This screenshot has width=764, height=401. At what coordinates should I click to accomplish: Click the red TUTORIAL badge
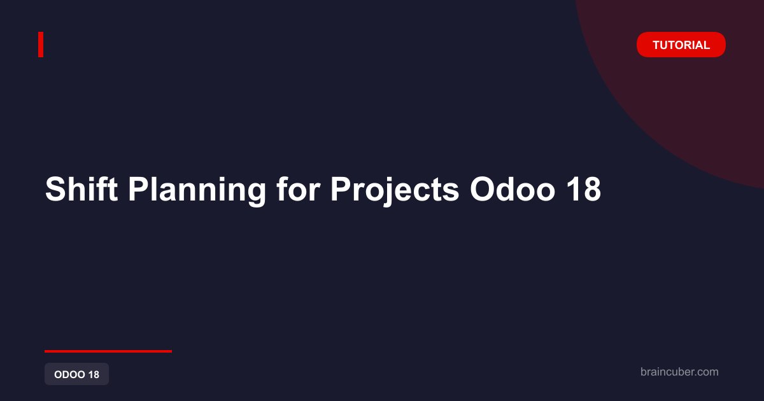pyautogui.click(x=681, y=45)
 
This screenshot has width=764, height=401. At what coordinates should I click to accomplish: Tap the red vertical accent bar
pyautogui.click(x=41, y=45)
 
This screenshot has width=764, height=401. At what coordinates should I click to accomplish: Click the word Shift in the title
pyautogui.click(x=81, y=189)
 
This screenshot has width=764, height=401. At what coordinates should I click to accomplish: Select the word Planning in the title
pyautogui.click(x=197, y=192)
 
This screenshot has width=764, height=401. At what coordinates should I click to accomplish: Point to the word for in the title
pyautogui.click(x=298, y=189)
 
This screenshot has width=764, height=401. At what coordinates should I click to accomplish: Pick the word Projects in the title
pyautogui.click(x=395, y=192)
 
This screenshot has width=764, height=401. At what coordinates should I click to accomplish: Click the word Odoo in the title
pyautogui.click(x=513, y=189)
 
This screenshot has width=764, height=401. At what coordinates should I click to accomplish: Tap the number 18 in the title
pyautogui.click(x=583, y=189)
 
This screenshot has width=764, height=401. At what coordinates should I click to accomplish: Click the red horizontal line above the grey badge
pyautogui.click(x=108, y=351)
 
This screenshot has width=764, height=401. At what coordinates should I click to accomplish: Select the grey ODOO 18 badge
pyautogui.click(x=77, y=374)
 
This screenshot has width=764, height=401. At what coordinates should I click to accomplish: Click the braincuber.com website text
pyautogui.click(x=679, y=372)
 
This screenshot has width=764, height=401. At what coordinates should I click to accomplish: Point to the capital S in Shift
pyautogui.click(x=56, y=189)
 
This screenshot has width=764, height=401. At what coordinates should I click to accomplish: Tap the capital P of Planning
pyautogui.click(x=139, y=189)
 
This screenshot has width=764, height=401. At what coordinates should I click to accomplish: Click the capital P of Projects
pyautogui.click(x=341, y=189)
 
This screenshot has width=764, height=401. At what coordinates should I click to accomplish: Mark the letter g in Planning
pyautogui.click(x=256, y=194)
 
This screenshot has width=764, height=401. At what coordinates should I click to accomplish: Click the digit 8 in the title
pyautogui.click(x=591, y=189)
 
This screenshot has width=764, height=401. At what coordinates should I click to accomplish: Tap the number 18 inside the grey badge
pyautogui.click(x=94, y=374)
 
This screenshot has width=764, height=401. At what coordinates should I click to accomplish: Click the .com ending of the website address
pyautogui.click(x=706, y=372)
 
